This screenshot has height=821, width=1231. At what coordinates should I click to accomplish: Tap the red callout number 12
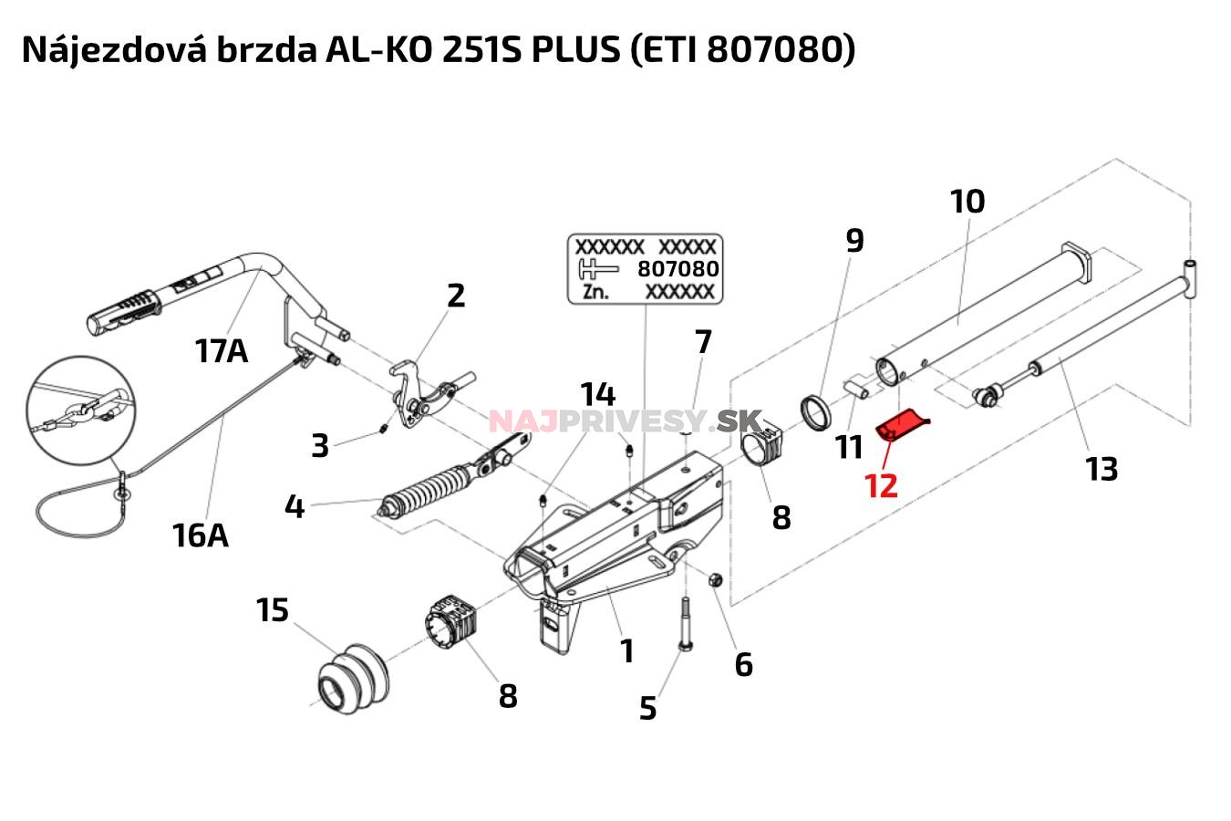881,484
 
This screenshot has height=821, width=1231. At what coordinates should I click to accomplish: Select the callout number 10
967,201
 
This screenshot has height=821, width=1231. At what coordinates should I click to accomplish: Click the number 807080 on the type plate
678,269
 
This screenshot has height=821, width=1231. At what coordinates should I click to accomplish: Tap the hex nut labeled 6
715,579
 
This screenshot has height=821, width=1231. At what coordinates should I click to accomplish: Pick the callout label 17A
221,349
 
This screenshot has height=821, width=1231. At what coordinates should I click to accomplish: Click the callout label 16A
200,535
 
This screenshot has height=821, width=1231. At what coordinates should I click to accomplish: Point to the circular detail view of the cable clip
81,408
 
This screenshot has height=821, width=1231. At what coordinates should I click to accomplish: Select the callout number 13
1102,469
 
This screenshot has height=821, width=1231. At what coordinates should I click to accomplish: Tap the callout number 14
598,395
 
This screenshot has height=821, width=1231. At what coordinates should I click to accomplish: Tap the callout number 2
455,295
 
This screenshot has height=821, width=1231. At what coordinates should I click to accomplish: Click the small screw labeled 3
386,428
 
